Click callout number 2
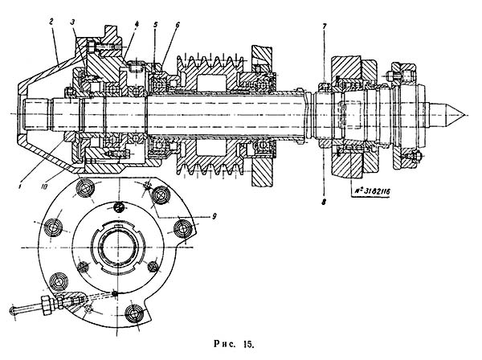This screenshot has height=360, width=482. coord(51,22)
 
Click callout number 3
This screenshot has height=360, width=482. coord(73,22)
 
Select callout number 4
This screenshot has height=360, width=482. coord(137,23)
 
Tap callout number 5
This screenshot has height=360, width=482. coord(155,24)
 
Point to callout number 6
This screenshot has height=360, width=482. coord(178,25)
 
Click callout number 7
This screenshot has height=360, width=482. coord(325,26)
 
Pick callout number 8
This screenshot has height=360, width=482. coord(324,202)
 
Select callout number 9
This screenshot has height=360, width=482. coord(214,216)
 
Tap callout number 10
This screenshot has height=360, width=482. coord(44,186)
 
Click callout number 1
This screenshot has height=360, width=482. coord(20,186)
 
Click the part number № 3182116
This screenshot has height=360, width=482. coord(370,191)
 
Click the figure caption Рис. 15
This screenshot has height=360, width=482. coord(235,344)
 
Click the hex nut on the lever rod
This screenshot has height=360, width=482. coord(47,305)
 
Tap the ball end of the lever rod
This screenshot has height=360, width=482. coord(12,309)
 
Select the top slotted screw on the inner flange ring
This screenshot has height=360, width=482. coord(120,206)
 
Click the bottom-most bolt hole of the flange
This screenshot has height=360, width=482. coord(133,314)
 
